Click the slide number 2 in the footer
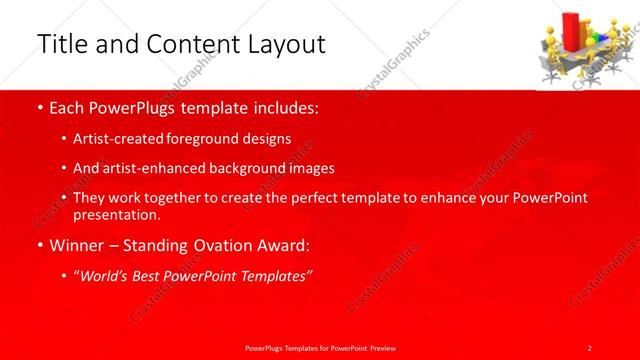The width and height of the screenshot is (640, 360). pyautogui.click(x=590, y=347)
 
